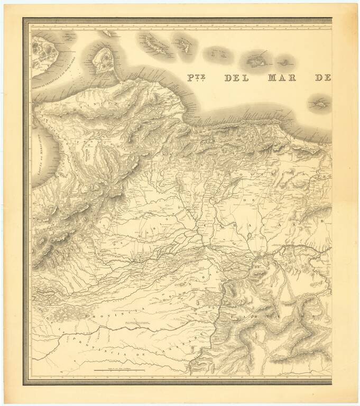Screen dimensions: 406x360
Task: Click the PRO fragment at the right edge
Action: (x=325, y=177)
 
